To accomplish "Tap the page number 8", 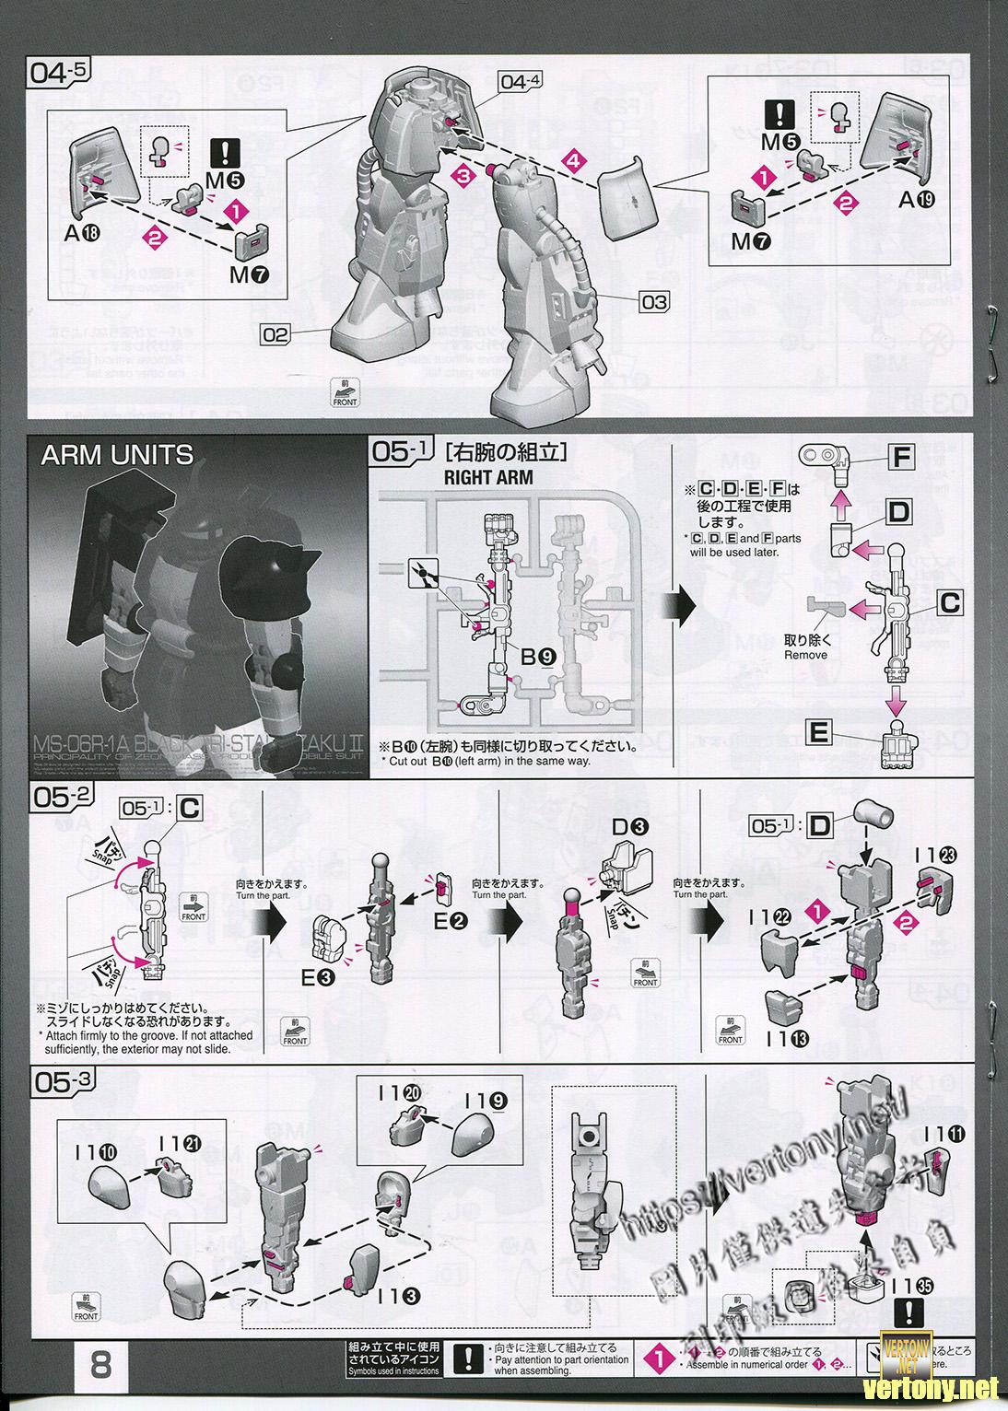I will pyautogui.click(x=100, y=1364).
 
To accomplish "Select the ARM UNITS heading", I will pyautogui.click(x=117, y=456).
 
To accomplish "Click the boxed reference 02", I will pyautogui.click(x=275, y=335).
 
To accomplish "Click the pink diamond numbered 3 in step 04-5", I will pyautogui.click(x=463, y=174).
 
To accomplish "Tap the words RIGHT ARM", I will pyautogui.click(x=488, y=478).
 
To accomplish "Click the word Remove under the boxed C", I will pyautogui.click(x=805, y=655).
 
